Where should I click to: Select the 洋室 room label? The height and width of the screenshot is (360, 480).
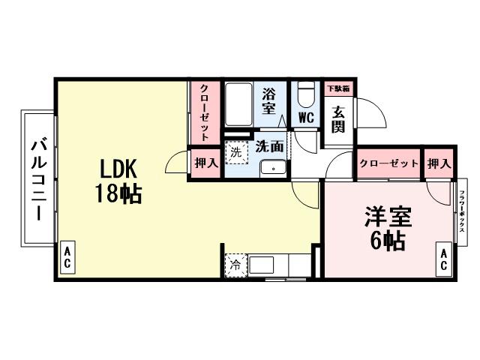coord(388,217)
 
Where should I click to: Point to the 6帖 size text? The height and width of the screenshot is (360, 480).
coord(388,241)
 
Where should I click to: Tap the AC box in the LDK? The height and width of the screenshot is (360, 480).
coord(67,260)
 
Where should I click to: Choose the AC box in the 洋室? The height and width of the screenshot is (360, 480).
coord(442,260)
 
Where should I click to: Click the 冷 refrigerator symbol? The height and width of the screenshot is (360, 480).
coord(235,265)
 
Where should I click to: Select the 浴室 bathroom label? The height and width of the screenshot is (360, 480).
coord(268,100)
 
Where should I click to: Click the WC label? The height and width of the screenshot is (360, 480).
coord(305,118)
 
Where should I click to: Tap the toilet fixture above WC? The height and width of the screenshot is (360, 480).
coord(305,95)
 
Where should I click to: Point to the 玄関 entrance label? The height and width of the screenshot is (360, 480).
coord(339,118)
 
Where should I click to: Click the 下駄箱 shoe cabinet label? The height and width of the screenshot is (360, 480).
coord(339,87)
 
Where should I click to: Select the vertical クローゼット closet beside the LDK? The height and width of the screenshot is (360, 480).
coord(204,112)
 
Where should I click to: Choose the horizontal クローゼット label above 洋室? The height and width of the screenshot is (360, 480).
coord(388,163)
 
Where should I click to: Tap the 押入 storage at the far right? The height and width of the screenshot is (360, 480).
coord(439,163)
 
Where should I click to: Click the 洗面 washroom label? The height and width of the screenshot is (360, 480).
coord(269,146)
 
